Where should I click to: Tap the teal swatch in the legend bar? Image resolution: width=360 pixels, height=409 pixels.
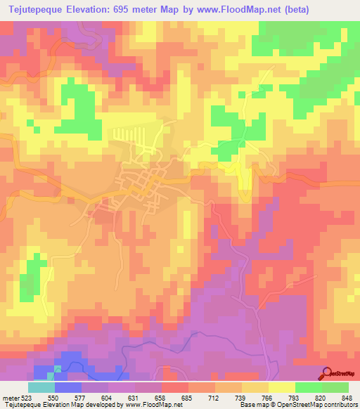(x=41, y=387)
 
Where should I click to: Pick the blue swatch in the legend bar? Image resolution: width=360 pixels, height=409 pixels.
(x=67, y=387)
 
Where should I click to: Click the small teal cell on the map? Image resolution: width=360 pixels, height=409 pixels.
(x=58, y=368)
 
